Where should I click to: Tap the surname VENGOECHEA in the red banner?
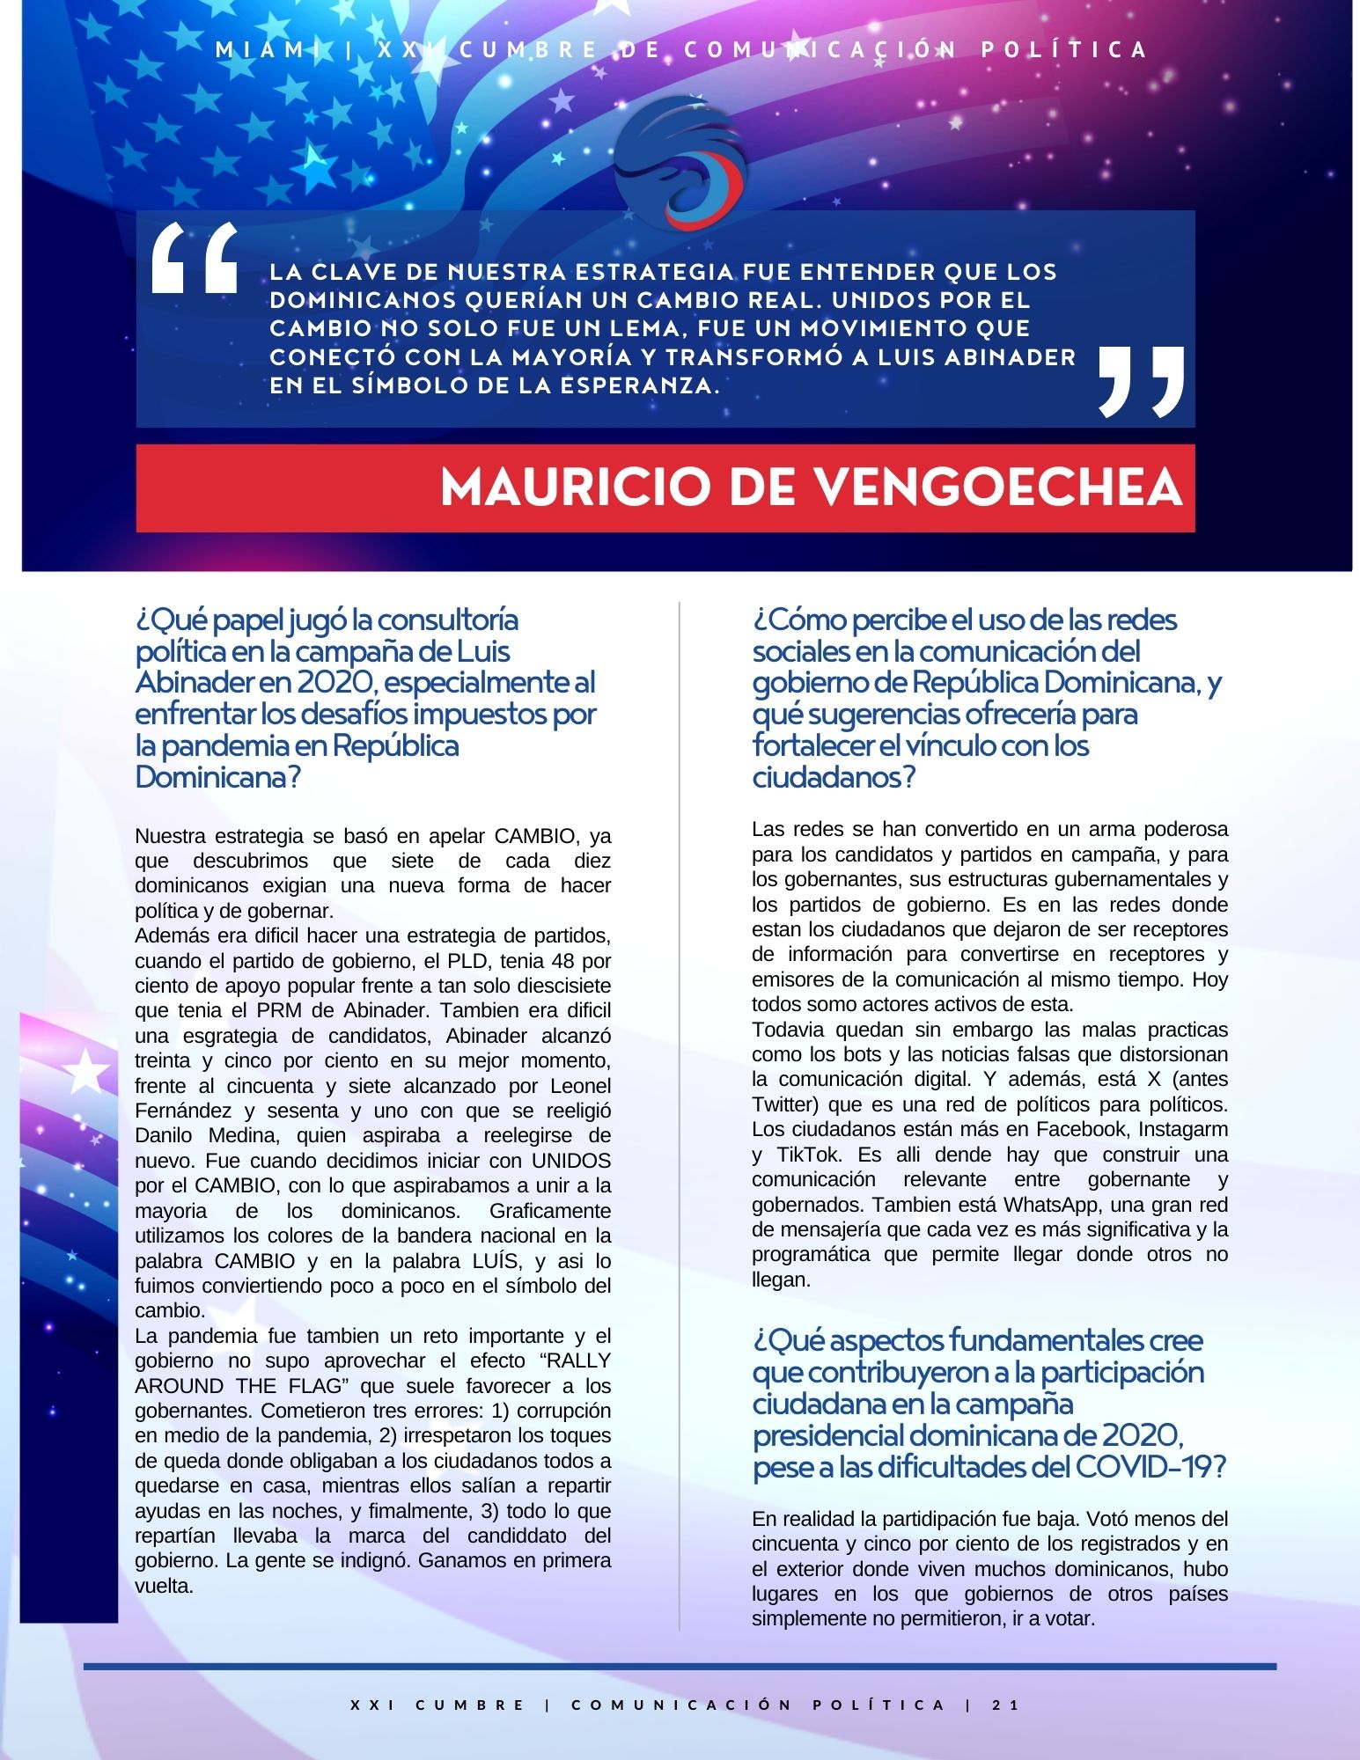click(x=996, y=488)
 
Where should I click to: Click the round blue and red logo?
click(x=680, y=172)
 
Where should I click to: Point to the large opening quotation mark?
click(x=195, y=258)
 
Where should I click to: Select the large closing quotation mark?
click(x=1141, y=380)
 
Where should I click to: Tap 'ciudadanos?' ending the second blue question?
click(x=834, y=777)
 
